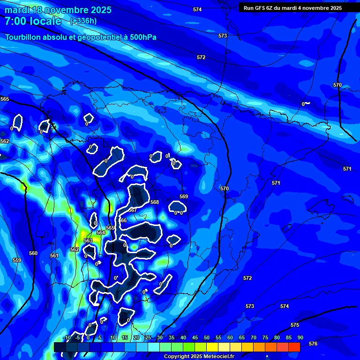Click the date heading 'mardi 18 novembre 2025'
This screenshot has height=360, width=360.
(x=58, y=10)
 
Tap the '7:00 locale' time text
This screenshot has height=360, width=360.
(x=33, y=21)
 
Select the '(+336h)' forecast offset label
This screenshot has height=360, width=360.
(x=83, y=21)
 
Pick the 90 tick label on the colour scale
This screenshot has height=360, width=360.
(x=300, y=338)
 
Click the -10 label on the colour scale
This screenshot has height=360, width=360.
(x=66, y=338)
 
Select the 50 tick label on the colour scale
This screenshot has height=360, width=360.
(x=207, y=338)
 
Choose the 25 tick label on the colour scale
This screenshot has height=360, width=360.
(x=148, y=338)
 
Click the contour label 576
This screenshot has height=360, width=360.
(x=313, y=344)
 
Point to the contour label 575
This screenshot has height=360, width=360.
(x=295, y=325)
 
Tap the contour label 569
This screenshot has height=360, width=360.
(x=184, y=196)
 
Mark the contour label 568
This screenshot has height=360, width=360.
(x=155, y=202)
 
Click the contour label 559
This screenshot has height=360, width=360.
(x=17, y=260)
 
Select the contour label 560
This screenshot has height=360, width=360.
(x=33, y=253)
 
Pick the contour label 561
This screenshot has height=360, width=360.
(x=54, y=255)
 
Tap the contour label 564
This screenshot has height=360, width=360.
(x=101, y=232)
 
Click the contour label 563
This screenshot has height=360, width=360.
(x=88, y=240)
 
